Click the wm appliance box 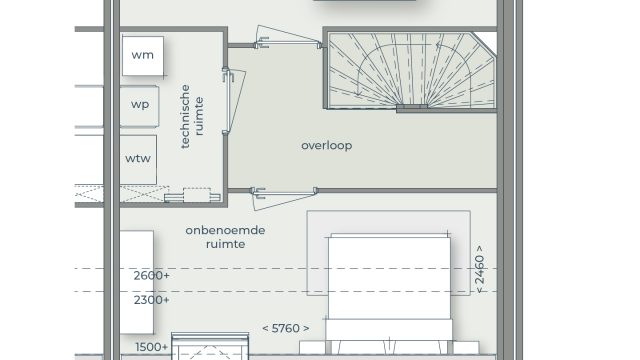(143, 56)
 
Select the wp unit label (140, 104)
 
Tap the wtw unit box (138, 160)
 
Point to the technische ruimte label (192, 116)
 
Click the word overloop (327, 146)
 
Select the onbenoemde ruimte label (225, 237)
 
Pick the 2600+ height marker (151, 276)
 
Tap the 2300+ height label (151, 300)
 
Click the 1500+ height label (151, 347)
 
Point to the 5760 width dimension (286, 328)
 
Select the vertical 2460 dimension (480, 269)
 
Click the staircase (411, 70)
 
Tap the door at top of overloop (288, 38)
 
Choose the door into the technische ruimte (233, 101)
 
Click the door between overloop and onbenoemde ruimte (284, 198)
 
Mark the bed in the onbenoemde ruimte (389, 292)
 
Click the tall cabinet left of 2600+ (137, 282)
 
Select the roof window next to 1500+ (210, 347)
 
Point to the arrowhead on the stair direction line (438, 45)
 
